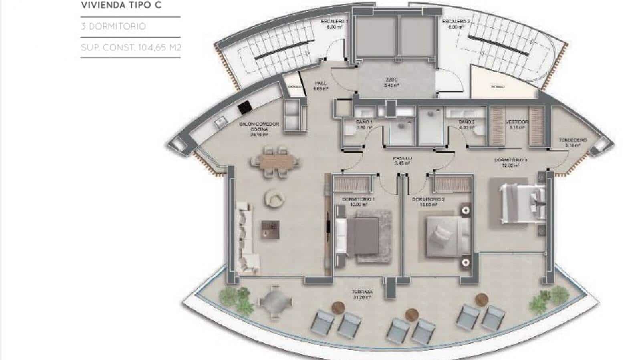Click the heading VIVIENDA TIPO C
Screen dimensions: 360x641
pos(121,6)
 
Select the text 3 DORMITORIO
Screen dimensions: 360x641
pos(113,26)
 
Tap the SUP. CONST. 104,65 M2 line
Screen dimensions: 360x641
pos(131,48)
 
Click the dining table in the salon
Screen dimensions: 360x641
pos(275,161)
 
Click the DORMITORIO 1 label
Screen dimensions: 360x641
pos(358,201)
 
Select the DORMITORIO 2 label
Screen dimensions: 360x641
pos(428,201)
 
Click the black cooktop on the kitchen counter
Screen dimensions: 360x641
pos(244,107)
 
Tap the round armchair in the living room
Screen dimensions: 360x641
pos(275,198)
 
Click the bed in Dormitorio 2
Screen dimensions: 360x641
pos(443,236)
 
